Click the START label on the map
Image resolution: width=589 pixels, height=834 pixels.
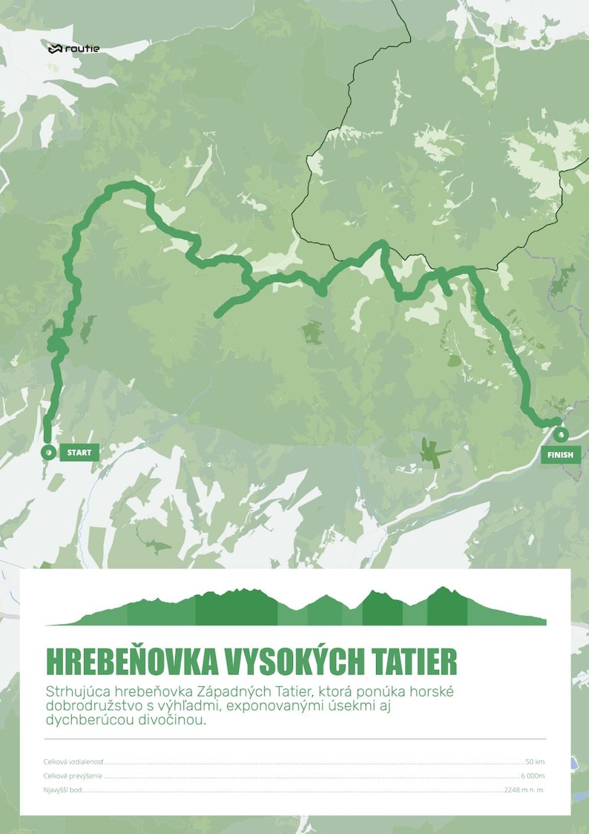pyautogui.click(x=79, y=452)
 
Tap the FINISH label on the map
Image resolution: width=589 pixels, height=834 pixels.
pyautogui.click(x=561, y=454)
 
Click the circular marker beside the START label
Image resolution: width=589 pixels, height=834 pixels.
pyautogui.click(x=48, y=452)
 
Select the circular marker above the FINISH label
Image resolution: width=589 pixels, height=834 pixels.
pyautogui.click(x=561, y=433)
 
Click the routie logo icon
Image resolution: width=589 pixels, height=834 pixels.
pyautogui.click(x=55, y=49)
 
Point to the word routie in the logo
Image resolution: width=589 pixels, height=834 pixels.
pyautogui.click(x=83, y=49)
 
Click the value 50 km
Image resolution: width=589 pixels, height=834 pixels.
pyautogui.click(x=534, y=762)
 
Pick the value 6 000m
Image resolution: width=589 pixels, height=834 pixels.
pyautogui.click(x=532, y=776)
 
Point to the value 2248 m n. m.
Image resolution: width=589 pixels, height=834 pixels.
pyautogui.click(x=524, y=790)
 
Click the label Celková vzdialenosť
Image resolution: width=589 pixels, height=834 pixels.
pyautogui.click(x=73, y=762)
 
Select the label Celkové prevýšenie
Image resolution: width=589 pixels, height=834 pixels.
pyautogui.click(x=73, y=776)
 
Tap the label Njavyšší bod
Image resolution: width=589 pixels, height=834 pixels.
pyautogui.click(x=63, y=790)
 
